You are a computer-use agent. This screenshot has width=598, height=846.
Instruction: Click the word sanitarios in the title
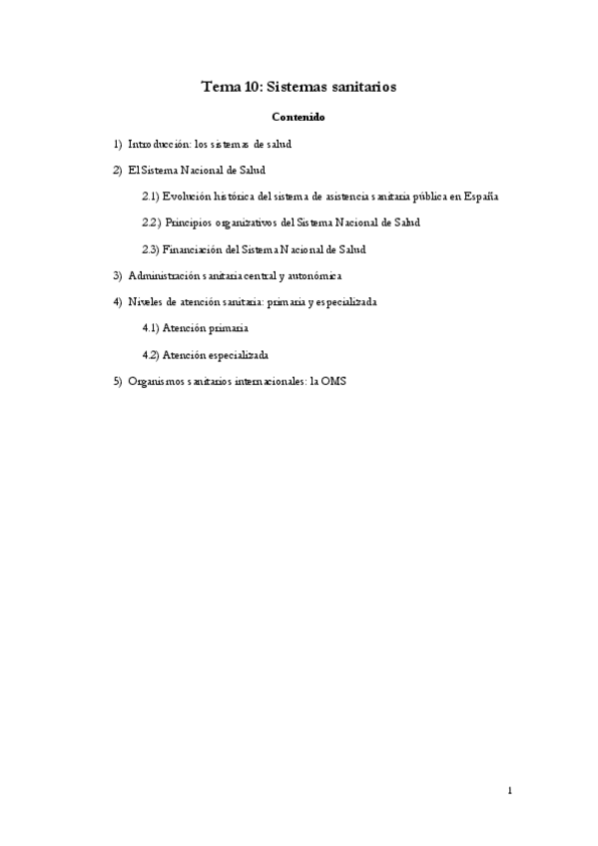click(x=358, y=87)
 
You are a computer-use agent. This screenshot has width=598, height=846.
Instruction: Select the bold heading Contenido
click(x=299, y=118)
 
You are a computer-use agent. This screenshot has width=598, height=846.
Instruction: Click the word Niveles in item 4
click(x=146, y=300)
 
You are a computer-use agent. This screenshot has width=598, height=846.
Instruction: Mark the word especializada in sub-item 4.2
click(x=237, y=353)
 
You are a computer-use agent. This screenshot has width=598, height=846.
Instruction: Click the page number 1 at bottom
click(x=509, y=790)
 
